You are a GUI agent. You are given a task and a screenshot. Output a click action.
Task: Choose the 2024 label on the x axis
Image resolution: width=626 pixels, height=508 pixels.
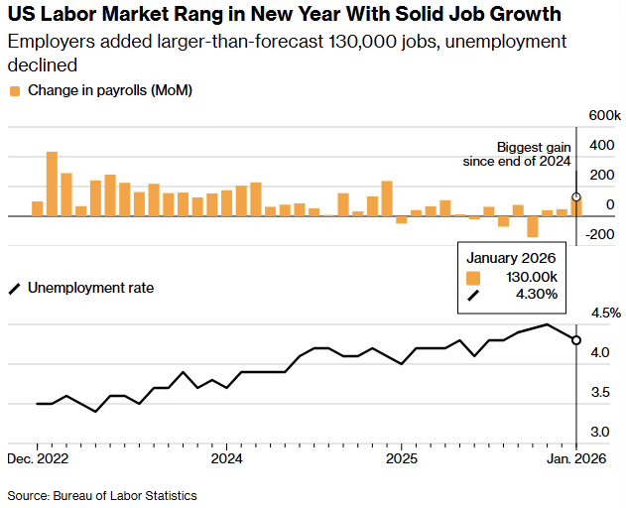(x=227, y=458)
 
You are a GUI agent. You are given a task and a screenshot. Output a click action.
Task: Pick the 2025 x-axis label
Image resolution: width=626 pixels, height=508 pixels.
(x=401, y=458)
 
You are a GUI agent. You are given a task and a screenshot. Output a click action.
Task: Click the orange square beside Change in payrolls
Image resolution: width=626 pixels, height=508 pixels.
(x=15, y=91)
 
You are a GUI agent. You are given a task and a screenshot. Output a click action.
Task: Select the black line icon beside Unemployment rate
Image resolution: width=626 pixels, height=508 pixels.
(x=15, y=289)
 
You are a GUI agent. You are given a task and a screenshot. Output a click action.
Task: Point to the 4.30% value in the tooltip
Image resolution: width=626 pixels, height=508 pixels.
(x=536, y=294)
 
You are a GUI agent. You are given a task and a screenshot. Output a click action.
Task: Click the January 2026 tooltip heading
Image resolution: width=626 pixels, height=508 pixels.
(x=512, y=258)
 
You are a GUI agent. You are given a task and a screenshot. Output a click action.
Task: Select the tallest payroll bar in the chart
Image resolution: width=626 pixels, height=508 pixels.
(x=52, y=184)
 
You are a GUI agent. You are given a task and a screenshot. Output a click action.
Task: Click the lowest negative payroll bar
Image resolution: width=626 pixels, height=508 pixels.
(x=533, y=226)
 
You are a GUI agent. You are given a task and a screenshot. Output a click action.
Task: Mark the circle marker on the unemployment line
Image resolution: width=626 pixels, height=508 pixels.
(x=576, y=340)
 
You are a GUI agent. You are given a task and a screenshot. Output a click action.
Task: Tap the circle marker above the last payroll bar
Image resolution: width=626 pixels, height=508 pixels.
(x=576, y=196)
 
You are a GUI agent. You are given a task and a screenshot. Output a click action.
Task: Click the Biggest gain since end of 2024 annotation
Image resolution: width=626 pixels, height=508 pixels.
(x=518, y=154)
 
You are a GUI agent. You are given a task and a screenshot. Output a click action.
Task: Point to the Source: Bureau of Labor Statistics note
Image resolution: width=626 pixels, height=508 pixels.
(x=102, y=495)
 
